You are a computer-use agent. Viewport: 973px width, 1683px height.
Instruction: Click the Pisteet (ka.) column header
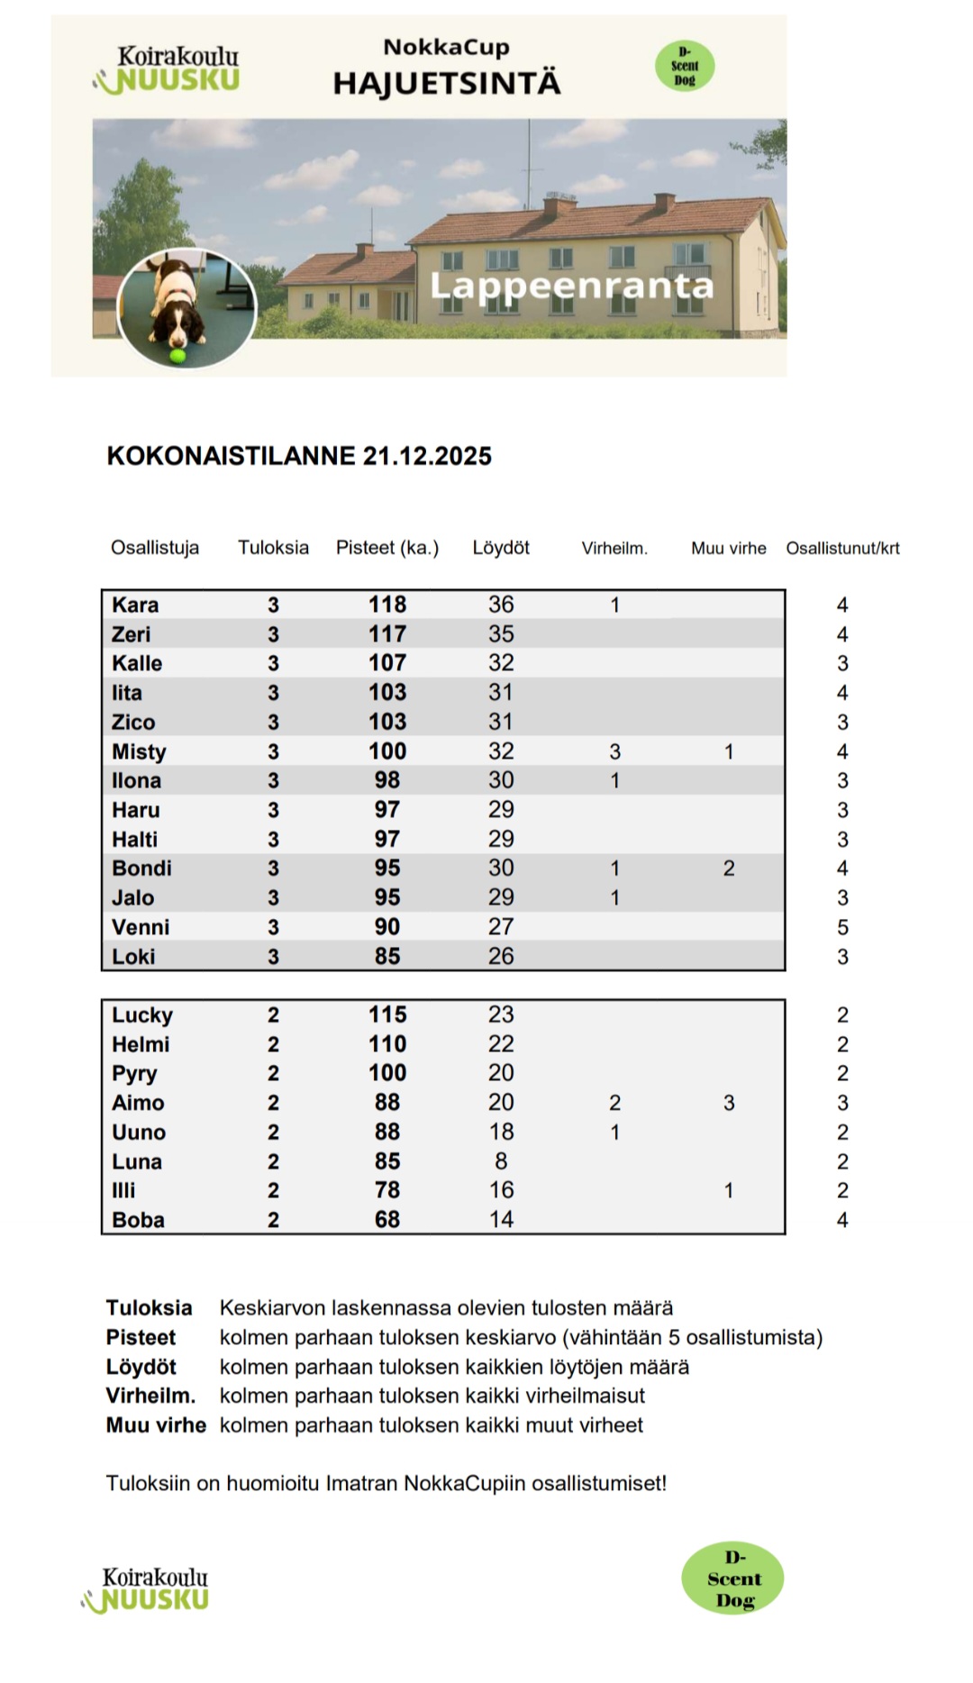[x=386, y=548]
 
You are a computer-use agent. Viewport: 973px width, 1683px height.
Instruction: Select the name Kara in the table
[x=135, y=605]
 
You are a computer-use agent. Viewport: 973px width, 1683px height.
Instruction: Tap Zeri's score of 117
[x=386, y=634]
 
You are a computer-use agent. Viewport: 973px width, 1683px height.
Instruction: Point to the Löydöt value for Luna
[x=501, y=1161]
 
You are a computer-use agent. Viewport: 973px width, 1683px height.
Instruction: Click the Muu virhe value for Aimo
[x=729, y=1103]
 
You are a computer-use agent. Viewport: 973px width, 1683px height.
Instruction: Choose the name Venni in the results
[x=141, y=927]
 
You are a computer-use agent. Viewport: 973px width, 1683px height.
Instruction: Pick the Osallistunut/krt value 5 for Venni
[x=842, y=927]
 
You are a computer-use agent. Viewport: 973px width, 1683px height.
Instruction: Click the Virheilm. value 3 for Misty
[x=614, y=751]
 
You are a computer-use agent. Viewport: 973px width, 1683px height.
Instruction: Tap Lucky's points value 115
[x=386, y=1014]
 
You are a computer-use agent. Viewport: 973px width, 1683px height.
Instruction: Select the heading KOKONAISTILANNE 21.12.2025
[x=299, y=456]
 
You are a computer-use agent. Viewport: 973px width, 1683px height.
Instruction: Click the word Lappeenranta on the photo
[x=571, y=286]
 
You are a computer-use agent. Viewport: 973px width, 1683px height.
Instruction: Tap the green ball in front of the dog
[x=177, y=357]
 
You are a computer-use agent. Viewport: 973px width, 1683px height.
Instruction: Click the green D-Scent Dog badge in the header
[x=685, y=66]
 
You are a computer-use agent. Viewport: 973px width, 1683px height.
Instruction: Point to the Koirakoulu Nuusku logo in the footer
[x=147, y=1589]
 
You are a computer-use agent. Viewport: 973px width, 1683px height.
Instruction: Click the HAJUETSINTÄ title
[x=447, y=84]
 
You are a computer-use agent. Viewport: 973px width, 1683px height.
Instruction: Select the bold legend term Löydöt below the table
[x=141, y=1367]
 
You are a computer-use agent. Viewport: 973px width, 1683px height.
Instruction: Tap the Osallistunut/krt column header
[x=842, y=548]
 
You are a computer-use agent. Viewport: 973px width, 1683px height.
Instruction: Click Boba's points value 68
[x=386, y=1220]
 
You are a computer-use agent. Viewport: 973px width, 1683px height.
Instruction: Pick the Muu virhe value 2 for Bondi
[x=729, y=869]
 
